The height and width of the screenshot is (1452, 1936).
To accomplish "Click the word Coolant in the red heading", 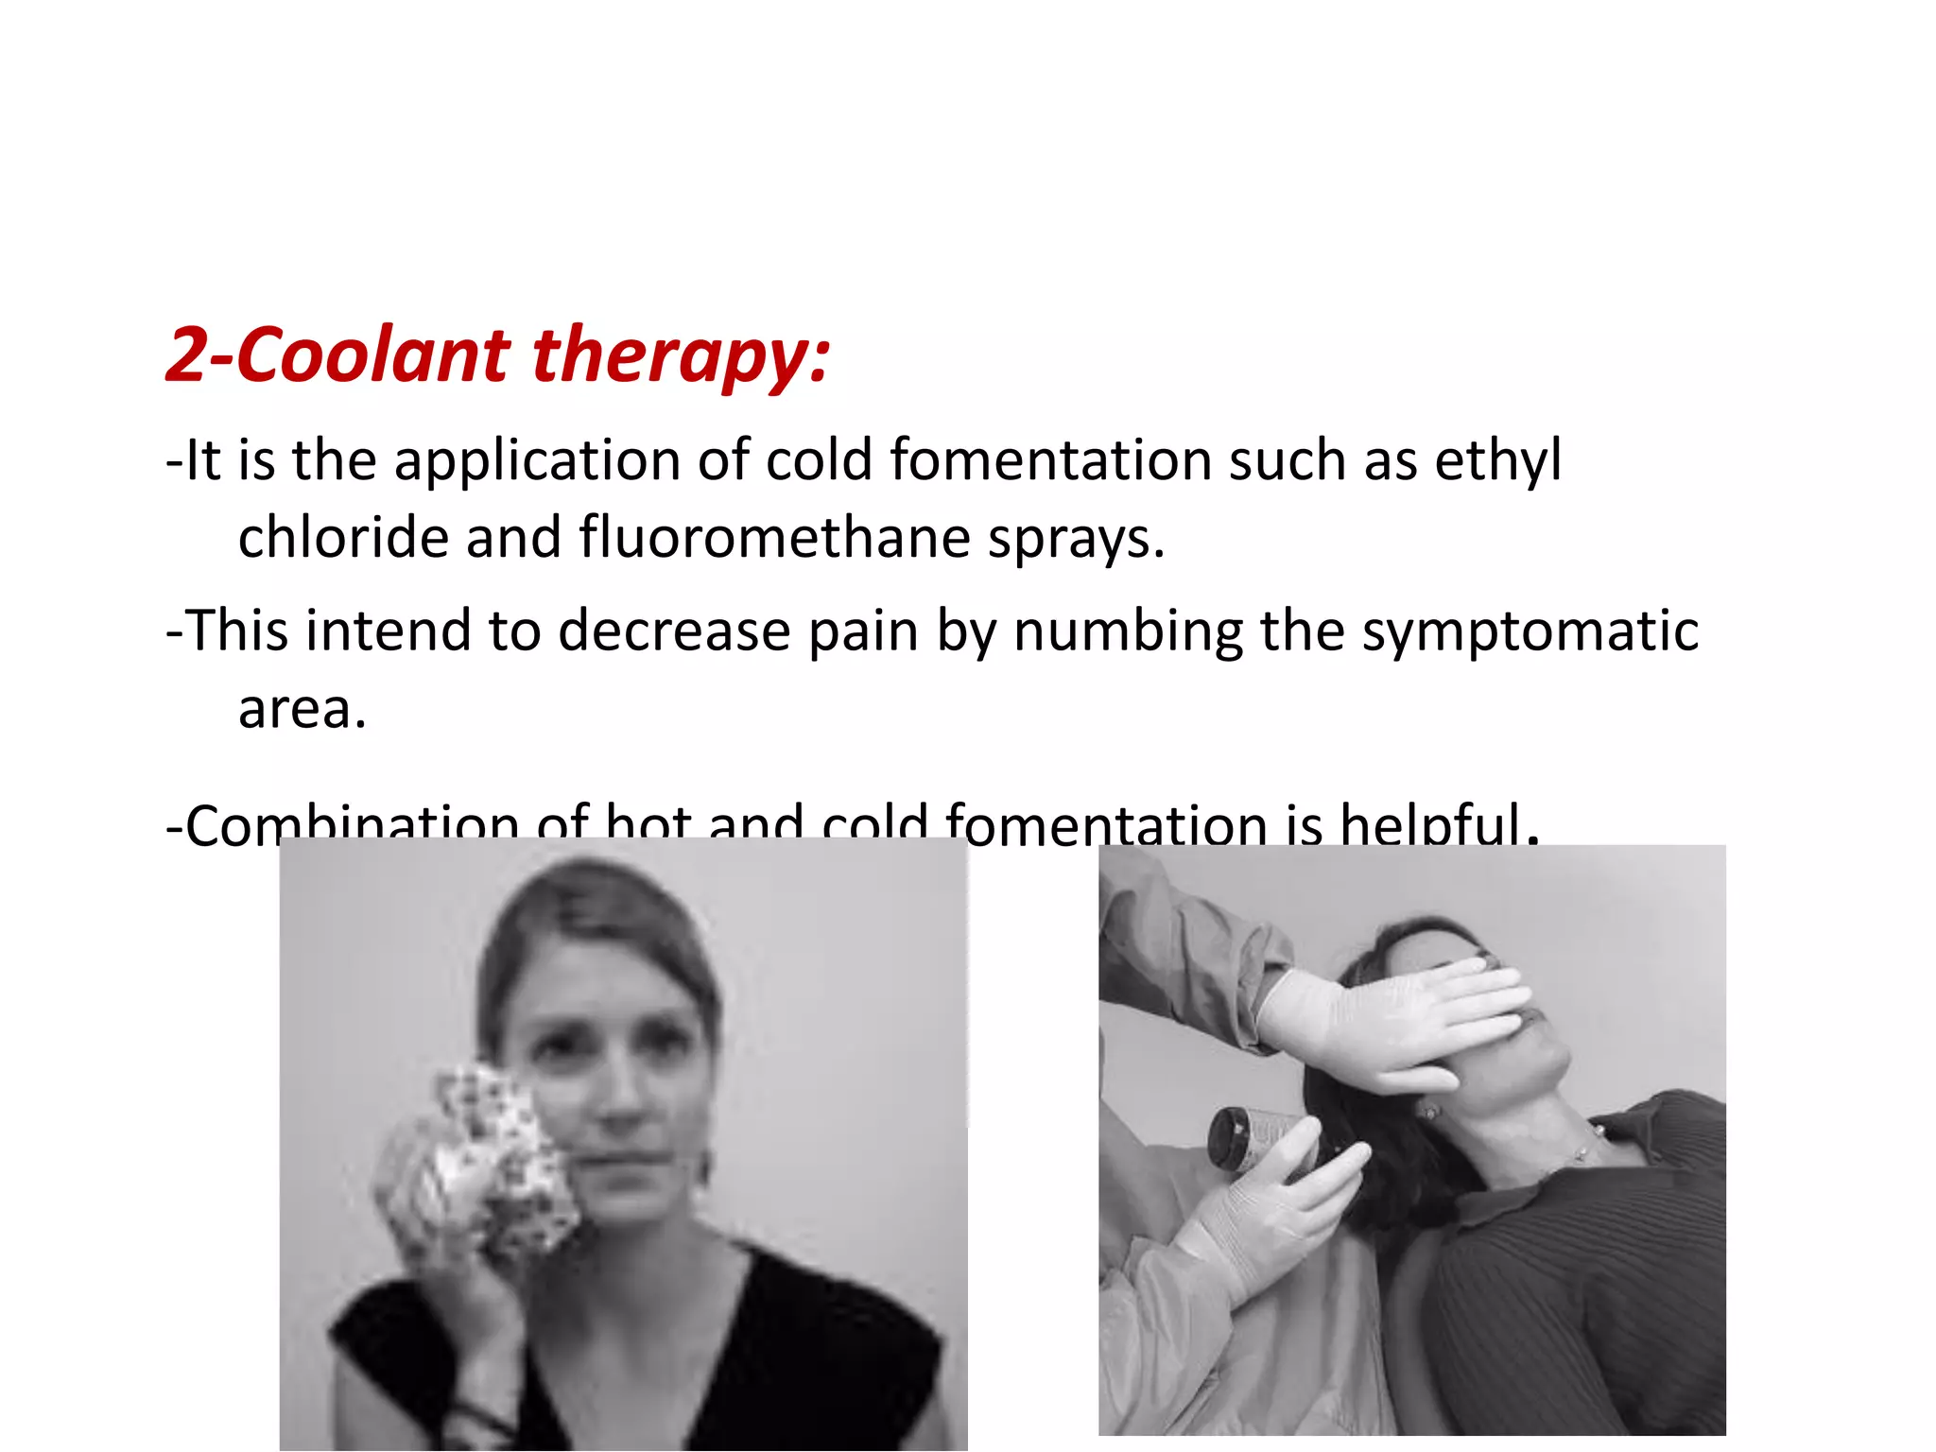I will coord(372,355).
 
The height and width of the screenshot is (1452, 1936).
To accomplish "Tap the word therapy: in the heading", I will coord(681,357).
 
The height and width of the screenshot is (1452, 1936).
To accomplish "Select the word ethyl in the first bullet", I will coord(1497,462).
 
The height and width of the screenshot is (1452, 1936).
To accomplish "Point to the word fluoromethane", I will coord(774,538).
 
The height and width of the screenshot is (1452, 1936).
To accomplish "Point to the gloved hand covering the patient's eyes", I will coord(1399,1021).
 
